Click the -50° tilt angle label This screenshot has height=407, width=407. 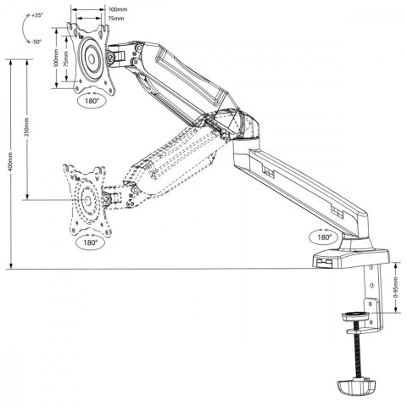point(35,40)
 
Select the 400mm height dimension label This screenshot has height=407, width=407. point(9,161)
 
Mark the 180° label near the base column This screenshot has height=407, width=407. point(322,237)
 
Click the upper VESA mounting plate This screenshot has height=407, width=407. point(90,58)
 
